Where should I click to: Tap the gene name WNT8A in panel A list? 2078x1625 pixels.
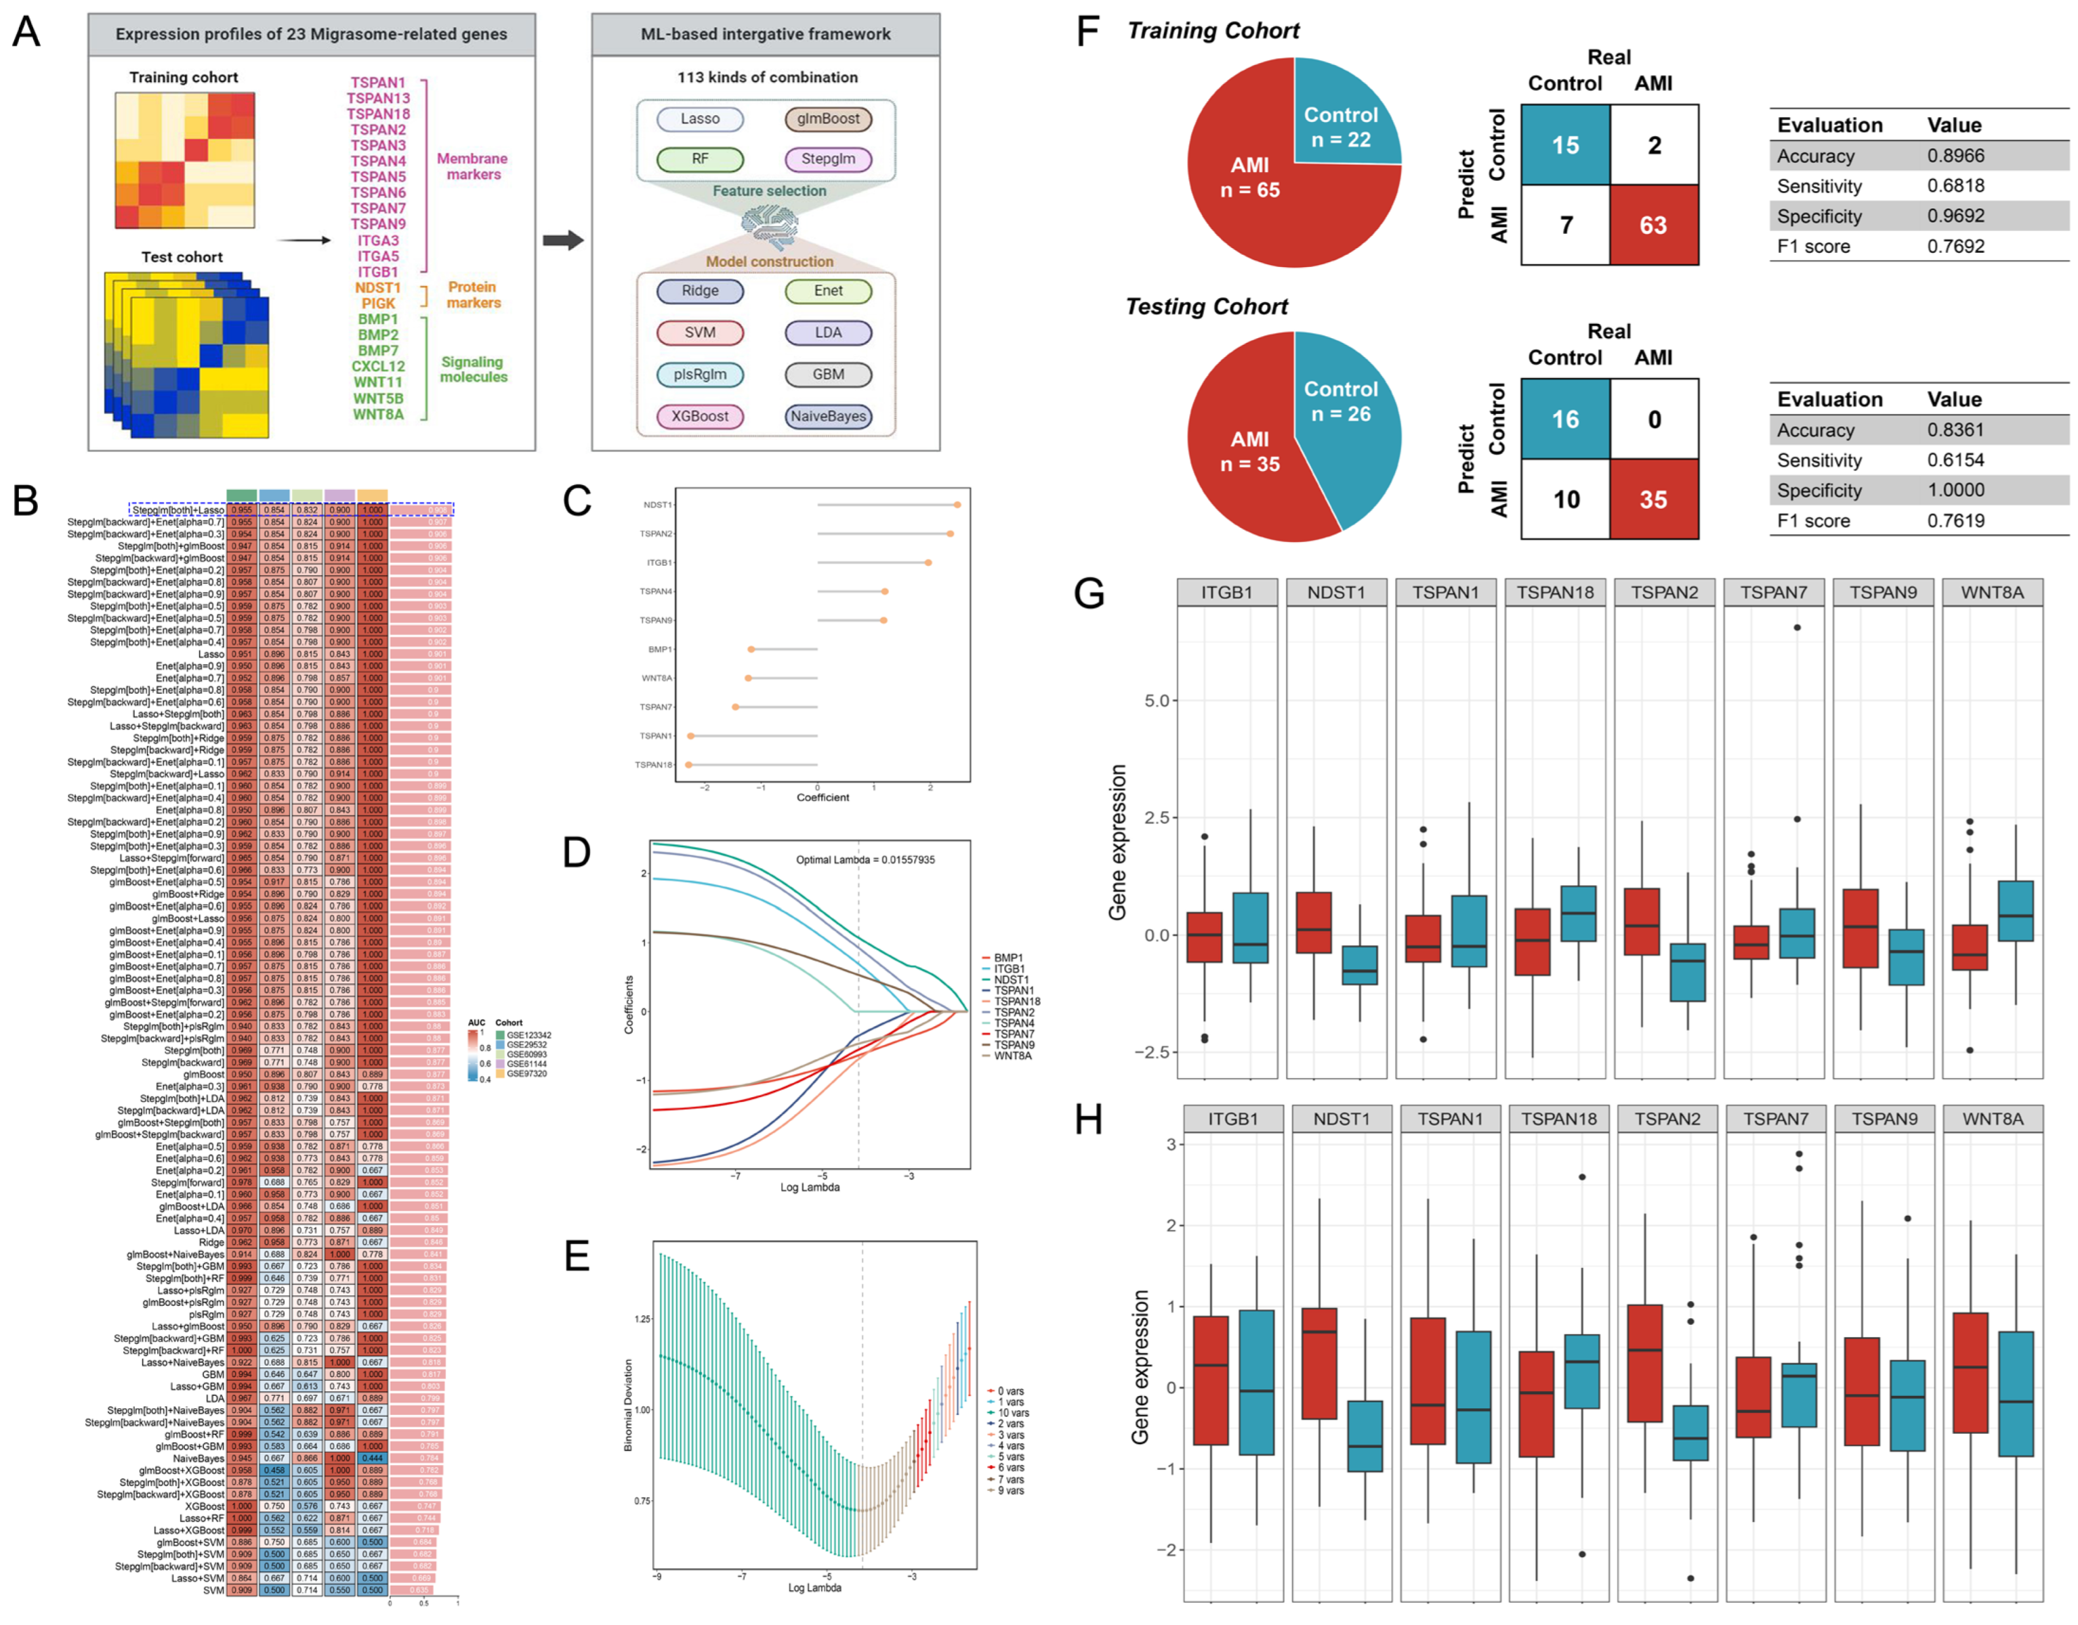pyautogui.click(x=378, y=414)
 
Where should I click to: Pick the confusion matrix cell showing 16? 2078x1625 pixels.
pyautogui.click(x=1565, y=419)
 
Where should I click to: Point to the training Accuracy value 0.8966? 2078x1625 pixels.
pyautogui.click(x=1955, y=155)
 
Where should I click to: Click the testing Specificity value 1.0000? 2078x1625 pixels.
pyautogui.click(x=1955, y=490)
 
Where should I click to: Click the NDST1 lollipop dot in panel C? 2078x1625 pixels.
pyautogui.click(x=957, y=504)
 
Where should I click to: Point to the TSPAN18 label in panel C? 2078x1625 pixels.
pyautogui.click(x=654, y=765)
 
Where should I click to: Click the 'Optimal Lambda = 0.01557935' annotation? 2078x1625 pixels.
pyautogui.click(x=865, y=859)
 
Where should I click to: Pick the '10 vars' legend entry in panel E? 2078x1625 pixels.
pyautogui.click(x=1012, y=1413)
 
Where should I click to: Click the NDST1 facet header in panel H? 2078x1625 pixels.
pyautogui.click(x=1342, y=1119)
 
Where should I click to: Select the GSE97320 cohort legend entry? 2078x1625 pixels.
pyautogui.click(x=525, y=1073)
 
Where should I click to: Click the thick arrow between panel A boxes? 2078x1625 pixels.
pyautogui.click(x=562, y=240)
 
